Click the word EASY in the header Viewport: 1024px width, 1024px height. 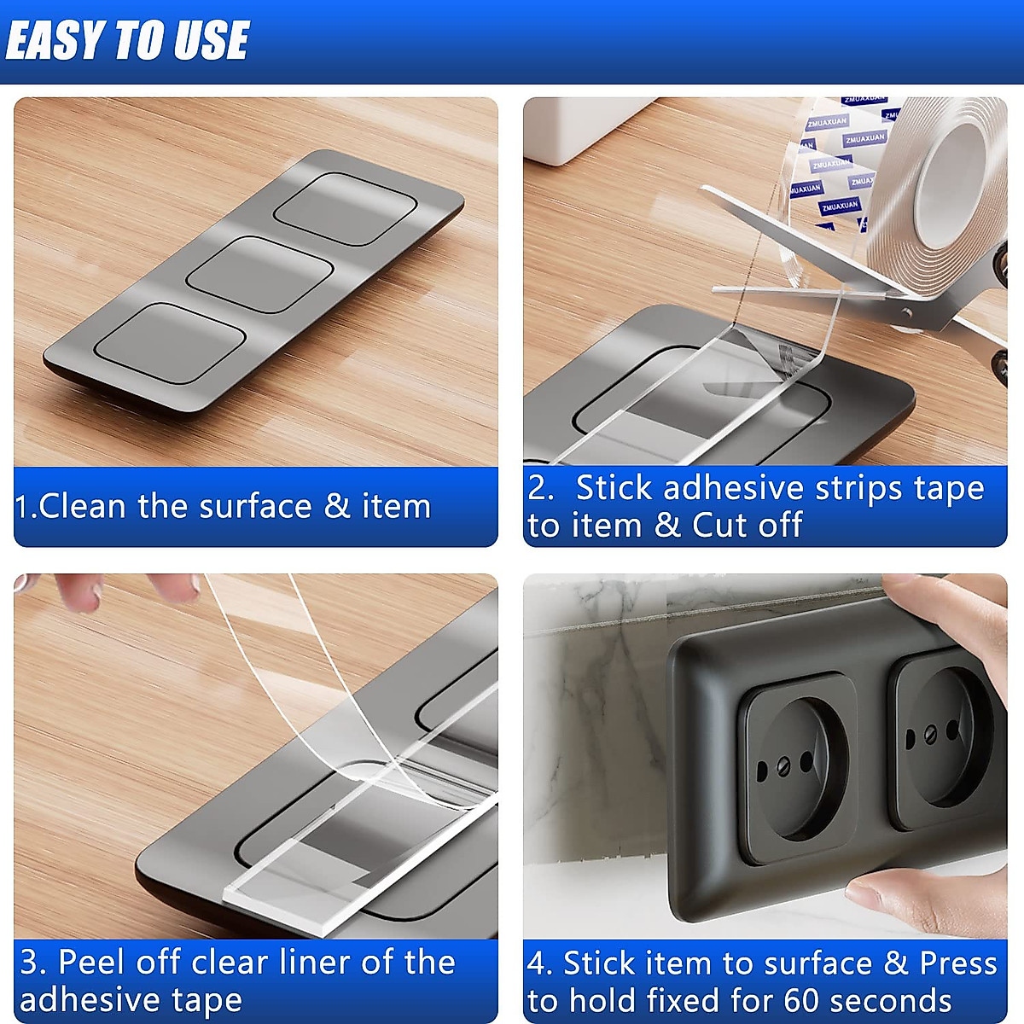pyautogui.click(x=55, y=40)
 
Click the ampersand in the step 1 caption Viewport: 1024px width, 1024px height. pyautogui.click(x=337, y=506)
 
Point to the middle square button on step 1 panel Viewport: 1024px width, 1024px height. pyautogui.click(x=259, y=275)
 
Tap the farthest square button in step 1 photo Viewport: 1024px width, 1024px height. pyautogui.click(x=346, y=209)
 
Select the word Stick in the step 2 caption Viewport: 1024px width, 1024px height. pyautogui.click(x=615, y=488)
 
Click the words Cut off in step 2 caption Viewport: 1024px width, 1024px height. pyautogui.click(x=748, y=525)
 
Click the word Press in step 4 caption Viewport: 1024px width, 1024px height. pyautogui.click(x=957, y=963)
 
